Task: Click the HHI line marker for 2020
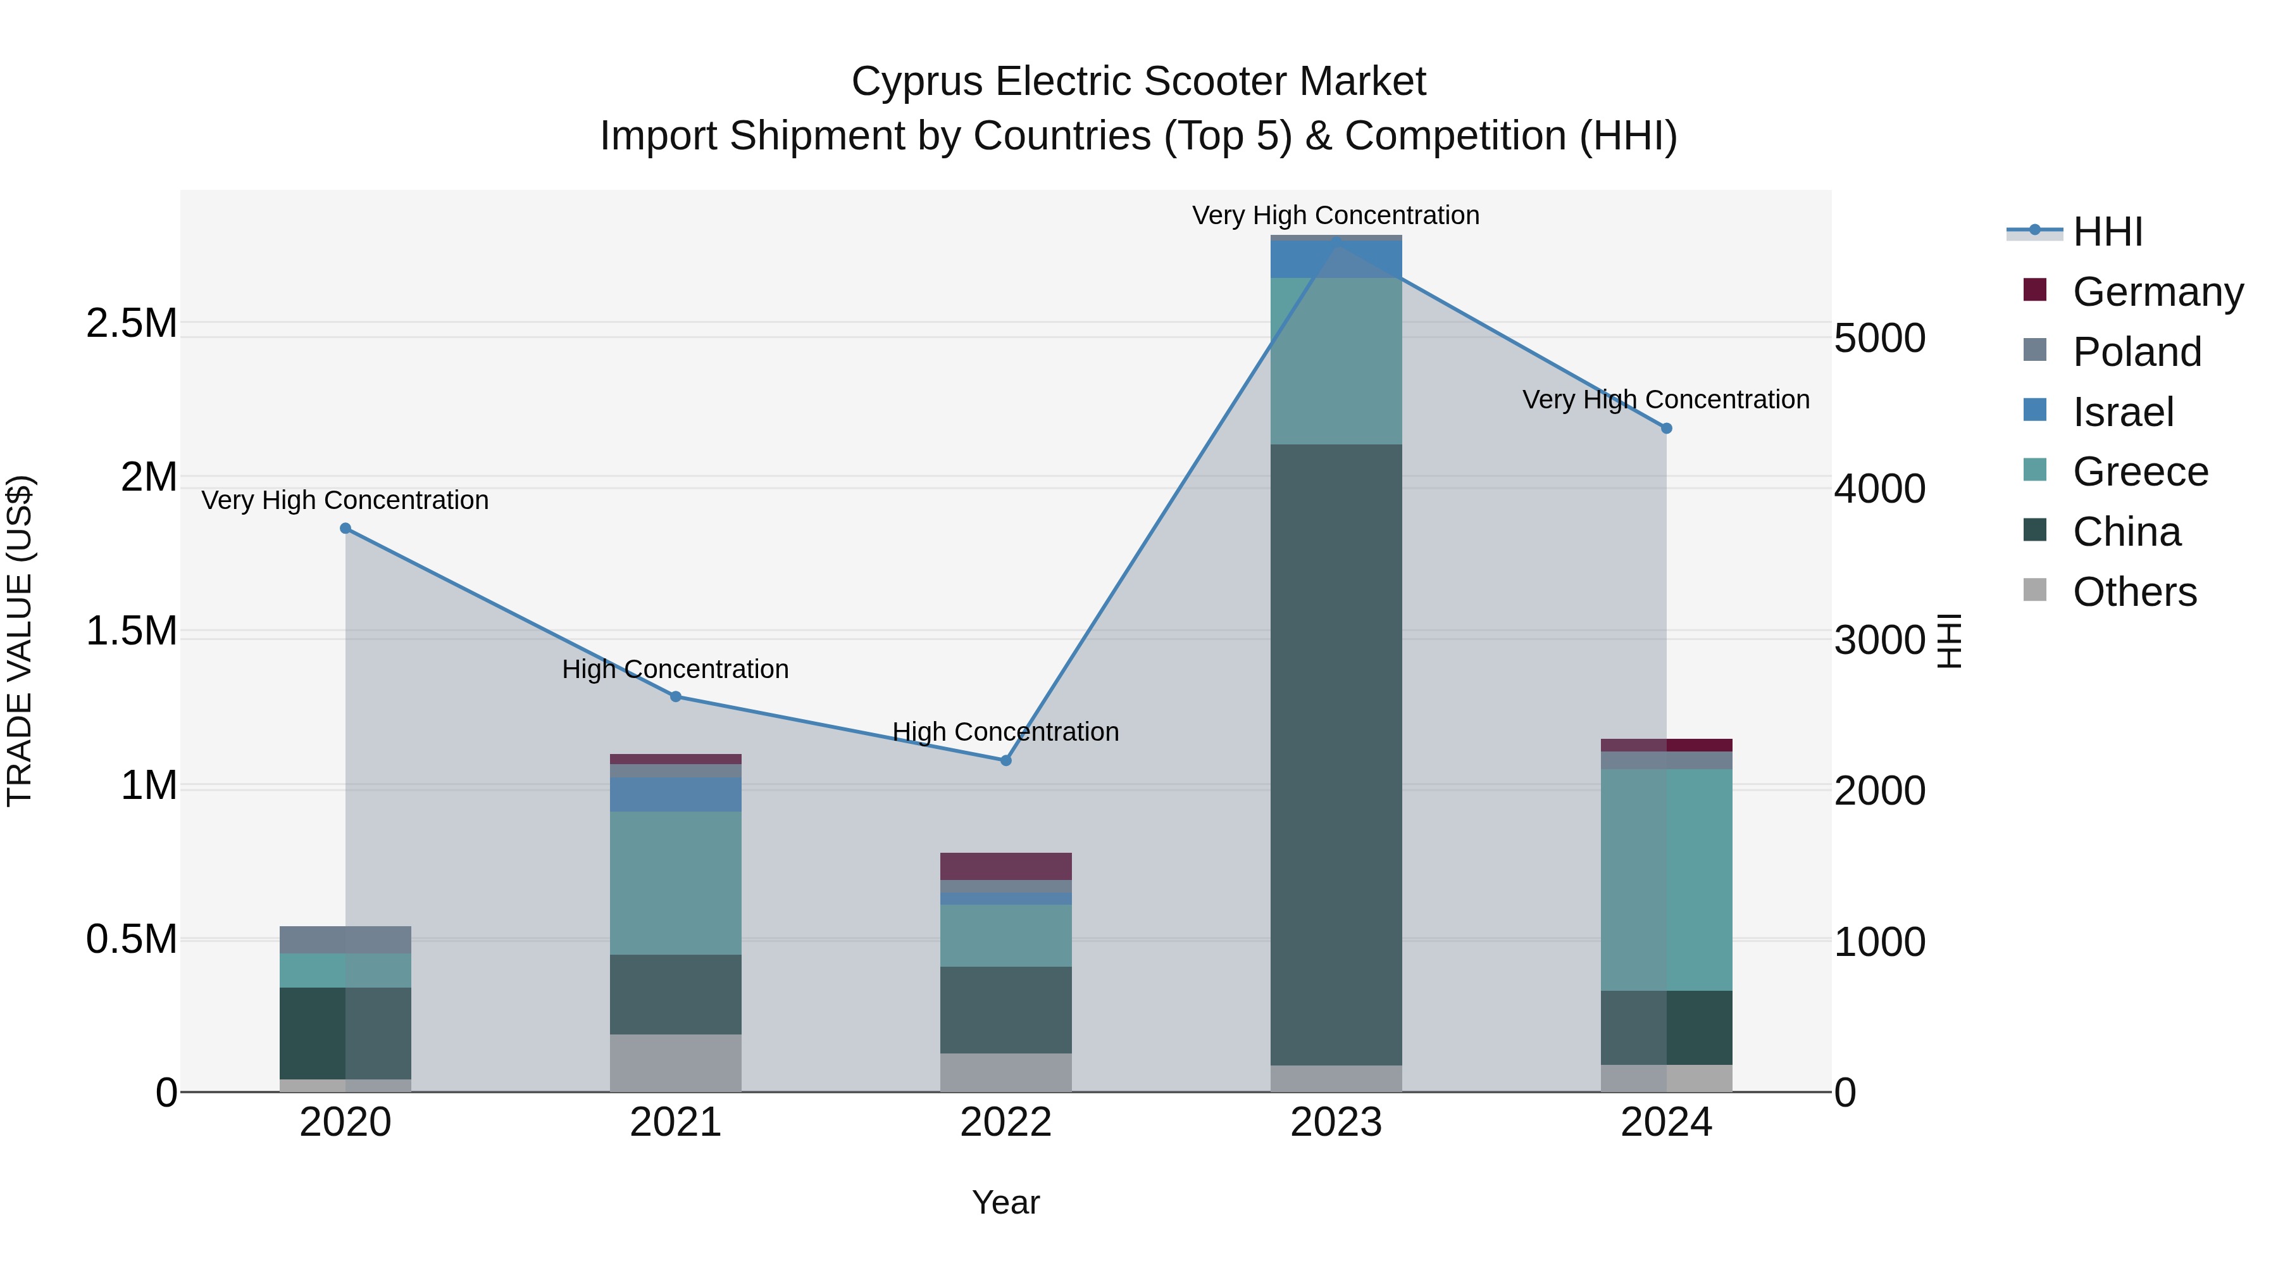345,528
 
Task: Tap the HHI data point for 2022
1005,760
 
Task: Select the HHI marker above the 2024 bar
1666,428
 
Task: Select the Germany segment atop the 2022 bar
1005,865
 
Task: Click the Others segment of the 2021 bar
676,1062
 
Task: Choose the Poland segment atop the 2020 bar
345,940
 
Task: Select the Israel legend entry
2122,412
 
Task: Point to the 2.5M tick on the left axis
131,323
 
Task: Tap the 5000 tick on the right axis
1879,338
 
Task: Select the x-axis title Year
1005,1202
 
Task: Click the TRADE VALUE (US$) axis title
20,641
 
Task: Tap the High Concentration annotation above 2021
676,669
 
